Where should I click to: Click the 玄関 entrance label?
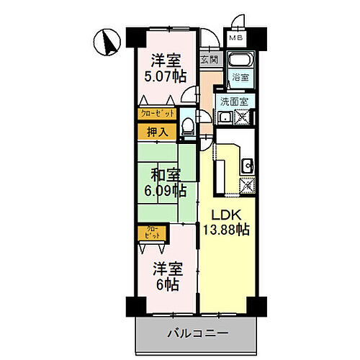pyautogui.click(x=209, y=60)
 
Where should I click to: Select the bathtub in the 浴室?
pyautogui.click(x=239, y=60)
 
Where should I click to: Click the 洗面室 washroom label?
pyautogui.click(x=235, y=102)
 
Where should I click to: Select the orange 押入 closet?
pyautogui.click(x=158, y=132)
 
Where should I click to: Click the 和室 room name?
pyautogui.click(x=165, y=174)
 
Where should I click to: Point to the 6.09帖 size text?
pyautogui.click(x=165, y=191)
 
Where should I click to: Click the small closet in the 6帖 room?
pyautogui.click(x=153, y=233)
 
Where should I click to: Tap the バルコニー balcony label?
pyautogui.click(x=198, y=333)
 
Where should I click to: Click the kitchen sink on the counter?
pyautogui.click(x=247, y=164)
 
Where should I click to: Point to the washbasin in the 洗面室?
pyautogui.click(x=225, y=117)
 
